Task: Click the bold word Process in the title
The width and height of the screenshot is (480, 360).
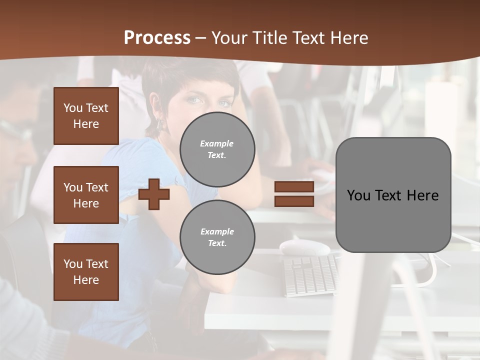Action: [157, 37]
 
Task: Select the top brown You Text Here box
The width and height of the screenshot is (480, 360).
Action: [86, 116]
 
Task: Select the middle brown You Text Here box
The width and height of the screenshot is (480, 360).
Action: [86, 195]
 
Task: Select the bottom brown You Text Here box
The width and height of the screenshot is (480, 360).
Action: [86, 272]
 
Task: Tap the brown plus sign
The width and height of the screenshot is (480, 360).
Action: [154, 194]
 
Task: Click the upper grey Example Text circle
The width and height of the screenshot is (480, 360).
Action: [217, 149]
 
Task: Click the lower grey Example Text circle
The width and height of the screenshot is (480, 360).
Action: [217, 237]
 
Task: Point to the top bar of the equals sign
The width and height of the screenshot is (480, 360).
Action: [294, 187]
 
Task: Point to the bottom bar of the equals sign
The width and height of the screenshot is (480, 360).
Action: [294, 201]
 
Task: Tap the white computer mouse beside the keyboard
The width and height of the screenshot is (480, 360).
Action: [304, 246]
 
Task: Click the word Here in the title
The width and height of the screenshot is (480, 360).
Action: [349, 38]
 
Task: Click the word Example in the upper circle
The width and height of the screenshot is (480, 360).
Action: [217, 143]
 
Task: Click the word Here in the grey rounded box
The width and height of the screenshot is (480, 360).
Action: [422, 195]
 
